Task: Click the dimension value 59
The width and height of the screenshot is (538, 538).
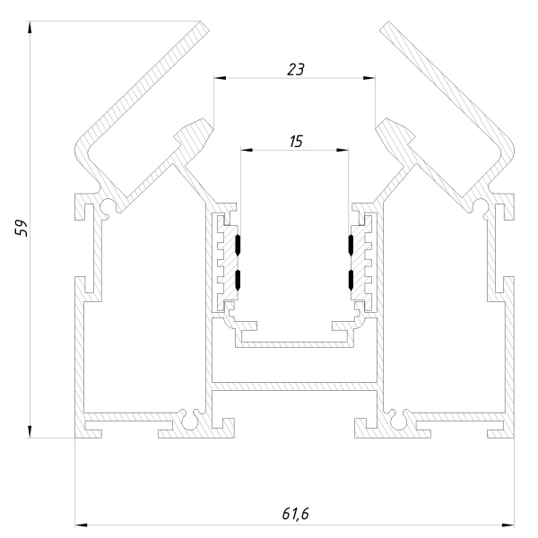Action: pyautogui.click(x=22, y=228)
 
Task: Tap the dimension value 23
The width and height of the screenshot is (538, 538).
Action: pyautogui.click(x=296, y=69)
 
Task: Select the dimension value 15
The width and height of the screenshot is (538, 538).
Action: pyautogui.click(x=296, y=142)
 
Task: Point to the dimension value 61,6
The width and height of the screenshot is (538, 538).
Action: pyautogui.click(x=295, y=514)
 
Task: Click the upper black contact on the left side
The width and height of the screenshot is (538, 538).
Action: pyautogui.click(x=238, y=245)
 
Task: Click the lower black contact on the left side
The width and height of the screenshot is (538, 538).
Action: pyautogui.click(x=238, y=280)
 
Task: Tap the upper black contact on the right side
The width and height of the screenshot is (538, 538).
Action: pyautogui.click(x=351, y=245)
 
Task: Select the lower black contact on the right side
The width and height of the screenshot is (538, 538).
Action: pyautogui.click(x=351, y=280)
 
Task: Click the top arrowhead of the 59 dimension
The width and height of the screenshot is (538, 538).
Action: pyautogui.click(x=30, y=27)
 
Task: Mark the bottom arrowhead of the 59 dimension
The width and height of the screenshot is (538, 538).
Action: pyautogui.click(x=30, y=431)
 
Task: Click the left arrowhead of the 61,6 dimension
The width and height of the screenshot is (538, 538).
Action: pyautogui.click(x=81, y=525)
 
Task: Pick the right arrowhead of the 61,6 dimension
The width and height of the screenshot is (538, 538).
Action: pyautogui.click(x=508, y=525)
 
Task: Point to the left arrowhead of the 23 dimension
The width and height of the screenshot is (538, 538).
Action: pyautogui.click(x=220, y=78)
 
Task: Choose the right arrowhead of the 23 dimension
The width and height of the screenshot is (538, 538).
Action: pyautogui.click(x=369, y=78)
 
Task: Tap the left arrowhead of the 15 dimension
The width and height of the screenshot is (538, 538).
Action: pyautogui.click(x=247, y=150)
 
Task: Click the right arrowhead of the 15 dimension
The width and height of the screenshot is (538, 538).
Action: pyautogui.click(x=343, y=150)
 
